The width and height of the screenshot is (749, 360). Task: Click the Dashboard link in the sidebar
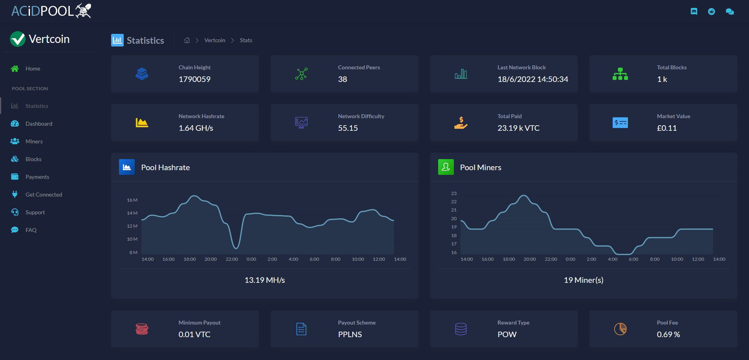(39, 124)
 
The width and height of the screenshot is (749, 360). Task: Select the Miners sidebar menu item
(34, 141)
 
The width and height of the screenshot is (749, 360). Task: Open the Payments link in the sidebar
(37, 177)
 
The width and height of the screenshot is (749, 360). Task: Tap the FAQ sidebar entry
(31, 230)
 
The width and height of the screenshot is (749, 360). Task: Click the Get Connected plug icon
(15, 194)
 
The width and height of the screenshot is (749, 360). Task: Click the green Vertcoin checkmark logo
(18, 39)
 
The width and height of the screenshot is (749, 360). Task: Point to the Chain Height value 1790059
(195, 79)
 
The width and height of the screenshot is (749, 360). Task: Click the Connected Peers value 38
(342, 79)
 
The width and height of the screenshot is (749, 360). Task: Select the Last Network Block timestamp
(533, 79)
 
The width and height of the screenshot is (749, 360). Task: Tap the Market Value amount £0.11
(667, 128)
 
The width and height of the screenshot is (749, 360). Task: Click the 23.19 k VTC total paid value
(519, 128)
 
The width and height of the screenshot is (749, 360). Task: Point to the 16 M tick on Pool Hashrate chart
(132, 200)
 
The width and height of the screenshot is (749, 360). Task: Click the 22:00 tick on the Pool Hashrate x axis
(232, 259)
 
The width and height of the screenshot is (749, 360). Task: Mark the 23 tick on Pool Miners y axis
(454, 193)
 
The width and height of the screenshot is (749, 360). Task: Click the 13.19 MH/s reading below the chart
(265, 280)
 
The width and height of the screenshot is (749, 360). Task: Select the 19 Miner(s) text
(584, 280)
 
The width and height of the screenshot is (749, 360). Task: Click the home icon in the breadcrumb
(187, 40)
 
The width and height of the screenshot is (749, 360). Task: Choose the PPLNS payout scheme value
(350, 334)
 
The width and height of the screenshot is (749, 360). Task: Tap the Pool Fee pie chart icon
(620, 329)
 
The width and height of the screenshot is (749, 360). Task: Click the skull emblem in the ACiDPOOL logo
(84, 11)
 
